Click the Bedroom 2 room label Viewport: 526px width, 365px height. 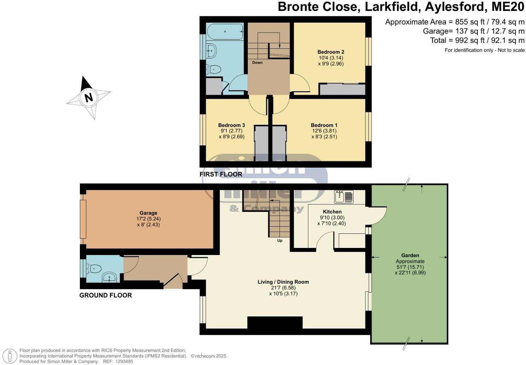tap(331, 52)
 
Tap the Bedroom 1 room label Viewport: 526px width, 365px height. tap(324, 125)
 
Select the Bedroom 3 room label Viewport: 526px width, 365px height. tap(232, 125)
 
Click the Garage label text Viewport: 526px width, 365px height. tap(148, 213)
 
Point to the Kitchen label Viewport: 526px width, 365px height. tap(332, 212)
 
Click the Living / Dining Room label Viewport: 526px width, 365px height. tap(283, 282)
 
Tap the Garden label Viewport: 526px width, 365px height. tap(410, 255)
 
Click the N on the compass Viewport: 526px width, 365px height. tap(88, 97)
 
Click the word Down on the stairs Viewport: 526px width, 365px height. tap(257, 63)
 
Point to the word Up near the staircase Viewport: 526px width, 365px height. tap(280, 241)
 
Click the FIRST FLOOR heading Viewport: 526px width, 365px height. tap(221, 174)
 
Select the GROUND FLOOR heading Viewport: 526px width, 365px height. tap(105, 295)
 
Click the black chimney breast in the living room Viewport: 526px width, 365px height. tap(275, 322)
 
